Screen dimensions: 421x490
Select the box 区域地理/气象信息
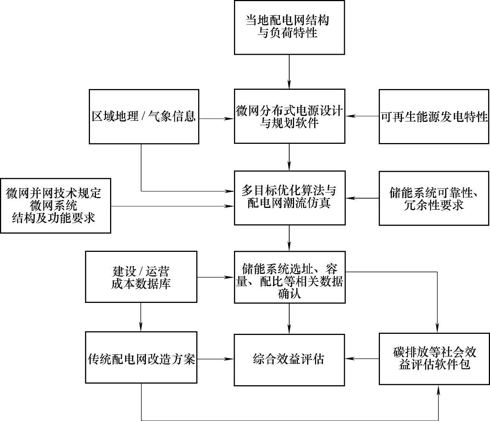pyautogui.click(x=144, y=117)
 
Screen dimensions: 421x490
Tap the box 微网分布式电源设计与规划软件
pyautogui.click(x=289, y=116)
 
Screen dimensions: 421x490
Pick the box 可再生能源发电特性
pyautogui.click(x=434, y=117)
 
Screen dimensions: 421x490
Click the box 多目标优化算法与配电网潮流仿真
pyautogui.click(x=289, y=197)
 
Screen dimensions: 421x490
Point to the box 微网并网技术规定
pyautogui.click(x=55, y=206)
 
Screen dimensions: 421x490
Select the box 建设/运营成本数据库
pyautogui.click(x=141, y=276)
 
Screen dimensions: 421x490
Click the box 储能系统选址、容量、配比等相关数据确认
pyautogui.click(x=289, y=276)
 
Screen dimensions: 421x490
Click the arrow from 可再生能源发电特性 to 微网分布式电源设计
pyautogui.click(x=362, y=116)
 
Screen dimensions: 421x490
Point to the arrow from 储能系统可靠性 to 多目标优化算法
pyautogui.click(x=362, y=198)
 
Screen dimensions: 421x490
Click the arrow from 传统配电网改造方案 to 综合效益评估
pyautogui.click(x=215, y=359)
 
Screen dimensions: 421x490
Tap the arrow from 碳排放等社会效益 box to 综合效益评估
pyautogui.click(x=362, y=359)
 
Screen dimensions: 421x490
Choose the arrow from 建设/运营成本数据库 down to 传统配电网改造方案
pyautogui.click(x=141, y=317)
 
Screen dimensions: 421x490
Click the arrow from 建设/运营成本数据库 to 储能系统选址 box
pyautogui.click(x=215, y=277)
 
